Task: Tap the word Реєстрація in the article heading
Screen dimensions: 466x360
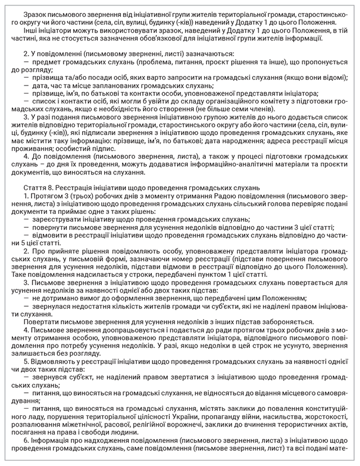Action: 76,187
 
